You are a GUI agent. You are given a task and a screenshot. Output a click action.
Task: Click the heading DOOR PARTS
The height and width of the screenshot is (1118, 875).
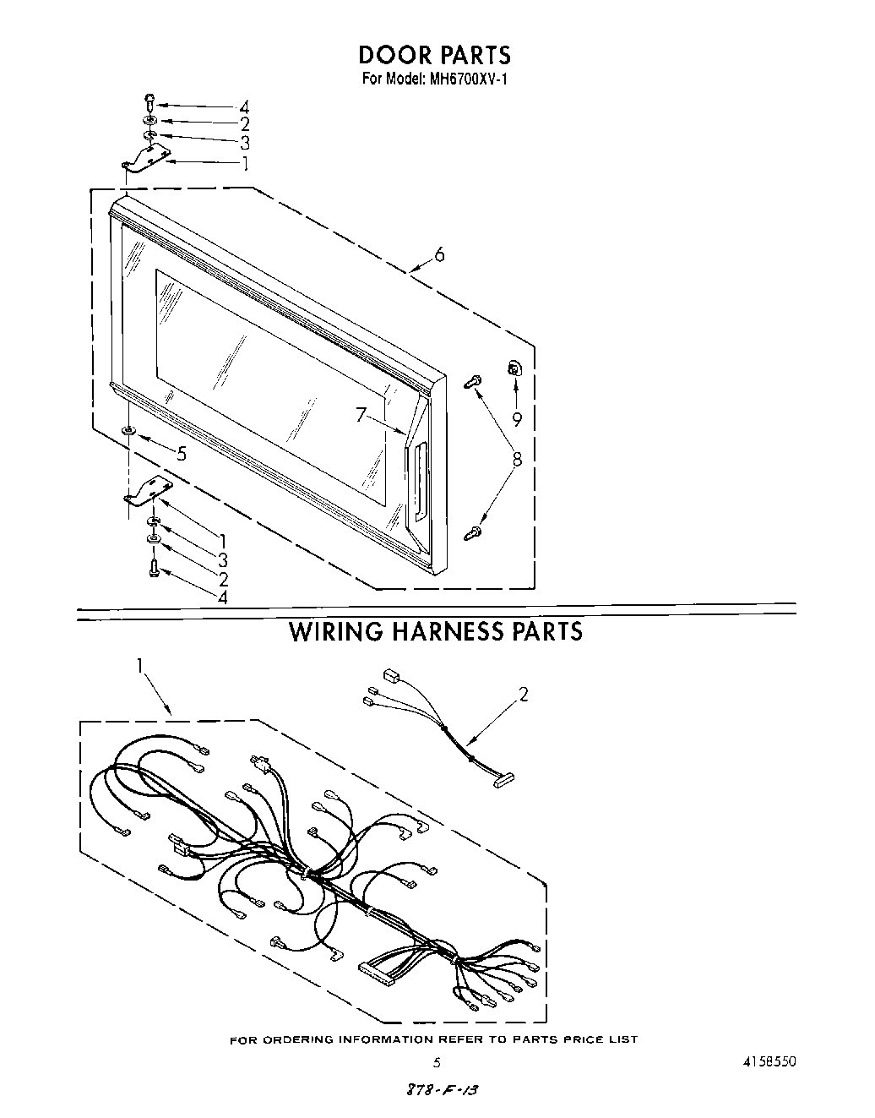click(x=435, y=55)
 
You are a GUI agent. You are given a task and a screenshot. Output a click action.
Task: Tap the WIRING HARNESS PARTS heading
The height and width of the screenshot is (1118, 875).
click(x=436, y=631)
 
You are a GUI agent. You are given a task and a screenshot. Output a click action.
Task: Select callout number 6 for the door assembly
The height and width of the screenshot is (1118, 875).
click(x=439, y=254)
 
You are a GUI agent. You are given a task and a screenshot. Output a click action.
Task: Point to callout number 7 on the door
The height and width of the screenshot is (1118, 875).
click(x=361, y=415)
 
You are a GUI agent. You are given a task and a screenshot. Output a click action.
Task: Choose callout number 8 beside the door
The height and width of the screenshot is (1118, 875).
click(x=517, y=459)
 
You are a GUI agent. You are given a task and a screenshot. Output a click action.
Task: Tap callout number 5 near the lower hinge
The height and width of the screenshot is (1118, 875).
click(x=181, y=454)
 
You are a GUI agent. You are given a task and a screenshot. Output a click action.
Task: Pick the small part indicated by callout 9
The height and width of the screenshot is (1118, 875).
click(x=514, y=368)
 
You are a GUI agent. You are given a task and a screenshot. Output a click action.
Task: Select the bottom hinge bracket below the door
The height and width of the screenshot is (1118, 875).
click(x=147, y=492)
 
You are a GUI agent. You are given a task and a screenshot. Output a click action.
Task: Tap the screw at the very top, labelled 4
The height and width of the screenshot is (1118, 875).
click(x=149, y=101)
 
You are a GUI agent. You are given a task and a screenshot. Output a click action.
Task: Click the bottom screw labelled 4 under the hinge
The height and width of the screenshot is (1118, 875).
click(x=154, y=568)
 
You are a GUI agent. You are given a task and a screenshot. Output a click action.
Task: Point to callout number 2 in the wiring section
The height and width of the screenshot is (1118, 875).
click(x=524, y=695)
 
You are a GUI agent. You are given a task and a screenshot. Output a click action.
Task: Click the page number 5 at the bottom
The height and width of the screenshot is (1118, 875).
click(x=436, y=1062)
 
